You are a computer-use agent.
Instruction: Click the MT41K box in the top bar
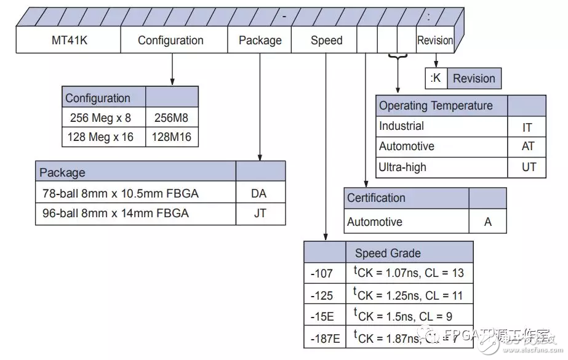pyautogui.click(x=68, y=41)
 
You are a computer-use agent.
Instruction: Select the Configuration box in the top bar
pyautogui.click(x=170, y=41)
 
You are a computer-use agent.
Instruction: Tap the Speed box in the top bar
pyautogui.click(x=326, y=41)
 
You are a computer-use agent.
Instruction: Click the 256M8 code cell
pyautogui.click(x=172, y=118)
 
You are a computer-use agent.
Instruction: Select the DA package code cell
pyautogui.click(x=259, y=193)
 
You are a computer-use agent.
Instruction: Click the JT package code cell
pyautogui.click(x=259, y=214)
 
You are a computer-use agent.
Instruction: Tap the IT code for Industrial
pyautogui.click(x=527, y=127)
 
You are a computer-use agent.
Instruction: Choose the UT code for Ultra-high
pyautogui.click(x=528, y=167)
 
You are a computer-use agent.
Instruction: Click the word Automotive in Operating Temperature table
pyautogui.click(x=406, y=146)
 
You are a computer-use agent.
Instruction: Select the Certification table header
pyautogui.click(x=376, y=198)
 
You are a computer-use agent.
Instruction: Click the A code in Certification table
pyautogui.click(x=487, y=222)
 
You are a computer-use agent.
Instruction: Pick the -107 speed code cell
pyautogui.click(x=322, y=273)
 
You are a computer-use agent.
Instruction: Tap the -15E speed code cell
pyautogui.click(x=322, y=316)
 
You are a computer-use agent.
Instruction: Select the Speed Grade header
pyautogui.click(x=388, y=253)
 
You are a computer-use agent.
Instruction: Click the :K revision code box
pyautogui.click(x=436, y=79)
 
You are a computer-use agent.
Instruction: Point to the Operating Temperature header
pyautogui.click(x=436, y=106)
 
